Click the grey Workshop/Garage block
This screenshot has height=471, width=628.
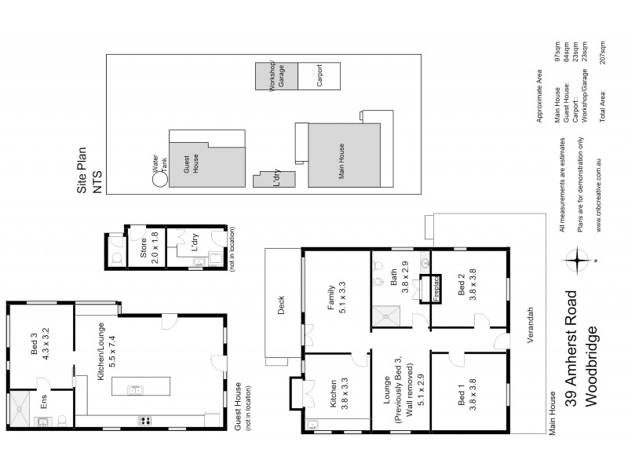tap(276, 78)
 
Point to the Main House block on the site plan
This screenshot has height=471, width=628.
tap(343, 154)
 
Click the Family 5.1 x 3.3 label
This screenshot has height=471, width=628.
tap(336, 298)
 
